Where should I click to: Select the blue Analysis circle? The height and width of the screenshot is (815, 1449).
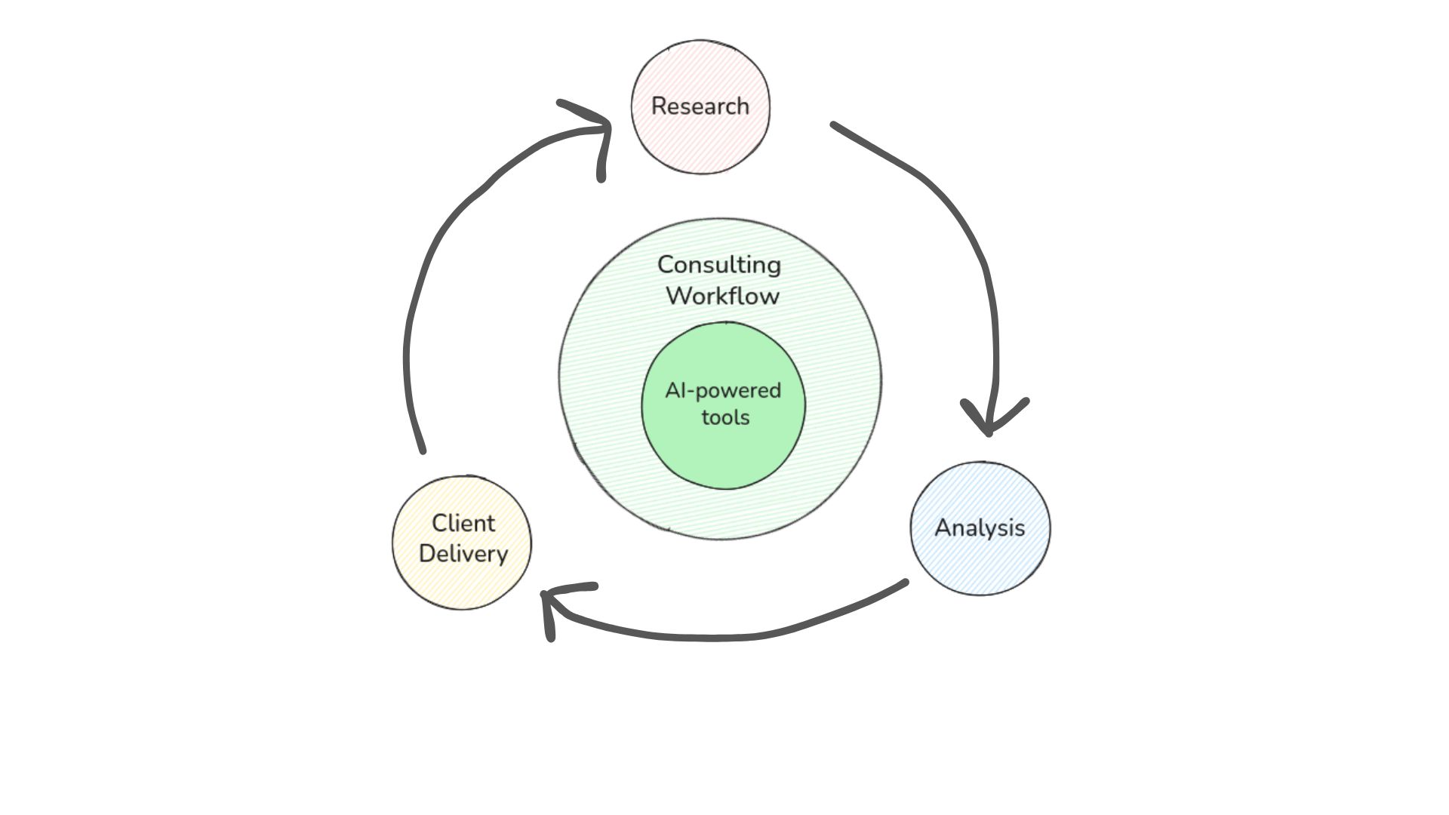(x=980, y=562)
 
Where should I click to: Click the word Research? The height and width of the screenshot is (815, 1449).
(x=700, y=106)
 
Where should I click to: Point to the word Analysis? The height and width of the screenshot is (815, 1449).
(x=980, y=527)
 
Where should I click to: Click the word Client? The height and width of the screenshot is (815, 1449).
(x=463, y=523)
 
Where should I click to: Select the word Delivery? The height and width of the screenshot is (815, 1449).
(x=463, y=553)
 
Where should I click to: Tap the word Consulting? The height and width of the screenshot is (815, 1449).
(x=719, y=265)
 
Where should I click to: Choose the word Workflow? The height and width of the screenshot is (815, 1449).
(x=722, y=295)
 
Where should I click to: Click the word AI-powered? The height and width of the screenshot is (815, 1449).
(x=723, y=390)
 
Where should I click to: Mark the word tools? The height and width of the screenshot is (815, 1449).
(x=725, y=417)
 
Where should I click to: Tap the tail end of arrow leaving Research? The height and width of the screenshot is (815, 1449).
(x=835, y=125)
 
